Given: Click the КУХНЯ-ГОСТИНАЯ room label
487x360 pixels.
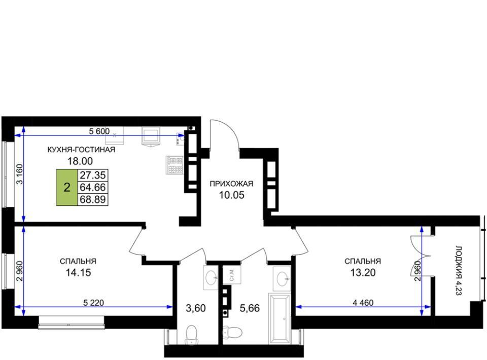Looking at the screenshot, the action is click(81, 150).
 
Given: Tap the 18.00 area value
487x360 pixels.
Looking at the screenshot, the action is click(80, 161).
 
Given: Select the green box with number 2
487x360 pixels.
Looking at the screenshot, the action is click(67, 188).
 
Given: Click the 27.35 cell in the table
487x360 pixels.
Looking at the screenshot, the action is click(93, 175).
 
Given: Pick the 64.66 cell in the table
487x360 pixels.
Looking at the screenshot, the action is click(93, 187).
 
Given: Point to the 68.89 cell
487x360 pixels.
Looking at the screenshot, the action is click(93, 199).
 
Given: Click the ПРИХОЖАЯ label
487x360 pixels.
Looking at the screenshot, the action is click(231, 184).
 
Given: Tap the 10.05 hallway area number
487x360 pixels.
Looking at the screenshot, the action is click(232, 195).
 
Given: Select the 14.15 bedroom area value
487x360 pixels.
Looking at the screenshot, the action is click(78, 272).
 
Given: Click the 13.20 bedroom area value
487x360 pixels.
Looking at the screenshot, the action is click(363, 272).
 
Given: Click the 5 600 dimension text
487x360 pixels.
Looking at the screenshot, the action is click(99, 131).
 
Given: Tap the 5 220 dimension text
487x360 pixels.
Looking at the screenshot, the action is click(93, 302).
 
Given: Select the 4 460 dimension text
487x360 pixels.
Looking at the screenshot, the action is click(363, 302).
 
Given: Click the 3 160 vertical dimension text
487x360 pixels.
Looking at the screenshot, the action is click(20, 174).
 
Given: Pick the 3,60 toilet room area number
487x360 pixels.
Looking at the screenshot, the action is click(196, 308).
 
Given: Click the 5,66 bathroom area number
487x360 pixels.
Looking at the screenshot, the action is click(250, 308).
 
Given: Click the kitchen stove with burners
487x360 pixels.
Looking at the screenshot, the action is click(175, 165).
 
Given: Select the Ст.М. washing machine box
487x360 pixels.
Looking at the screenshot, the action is click(232, 275).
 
